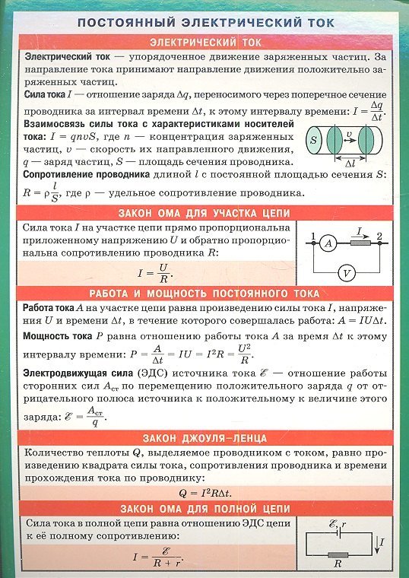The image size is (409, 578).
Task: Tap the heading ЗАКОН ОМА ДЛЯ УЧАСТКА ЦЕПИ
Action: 204,211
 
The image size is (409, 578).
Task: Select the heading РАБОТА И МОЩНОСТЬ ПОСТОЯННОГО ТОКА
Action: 204,293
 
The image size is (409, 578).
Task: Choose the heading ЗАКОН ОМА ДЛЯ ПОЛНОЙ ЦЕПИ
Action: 204,507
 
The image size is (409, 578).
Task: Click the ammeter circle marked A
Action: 328,243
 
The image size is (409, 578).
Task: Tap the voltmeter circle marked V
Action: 346,272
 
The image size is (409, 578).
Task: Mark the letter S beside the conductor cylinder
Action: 313,141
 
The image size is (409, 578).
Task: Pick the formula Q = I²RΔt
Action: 204,492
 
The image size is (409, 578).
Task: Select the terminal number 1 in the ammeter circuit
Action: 312,235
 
